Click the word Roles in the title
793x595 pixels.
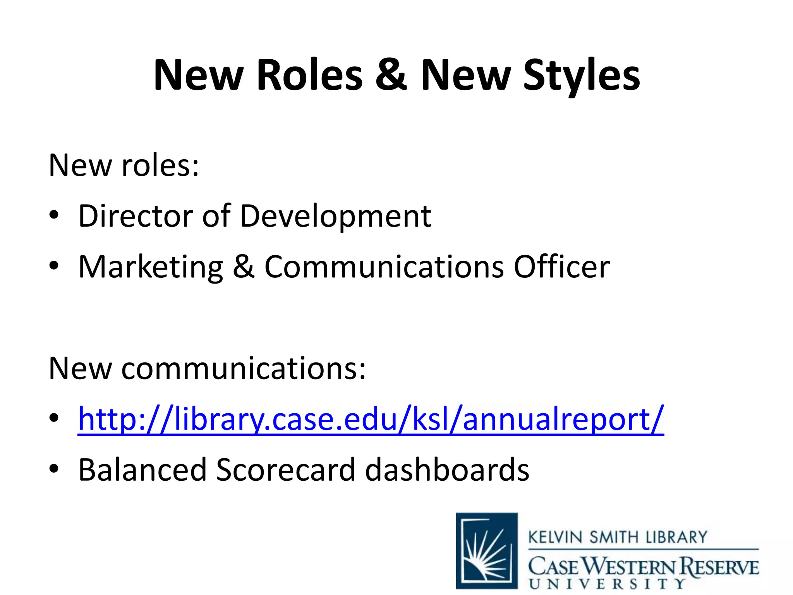[x=309, y=75]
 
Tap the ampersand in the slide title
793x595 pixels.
[x=391, y=75]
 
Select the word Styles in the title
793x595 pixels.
[x=582, y=75]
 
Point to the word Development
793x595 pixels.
[x=335, y=216]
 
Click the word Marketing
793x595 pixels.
[x=151, y=267]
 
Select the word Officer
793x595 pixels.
[x=561, y=267]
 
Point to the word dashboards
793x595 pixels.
[x=447, y=470]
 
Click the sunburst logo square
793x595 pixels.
[x=487, y=550]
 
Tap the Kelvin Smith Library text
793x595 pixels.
[x=618, y=537]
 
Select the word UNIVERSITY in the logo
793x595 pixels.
[x=607, y=584]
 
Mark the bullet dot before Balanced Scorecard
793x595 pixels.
[x=54, y=468]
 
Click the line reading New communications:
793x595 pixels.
[x=207, y=368]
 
